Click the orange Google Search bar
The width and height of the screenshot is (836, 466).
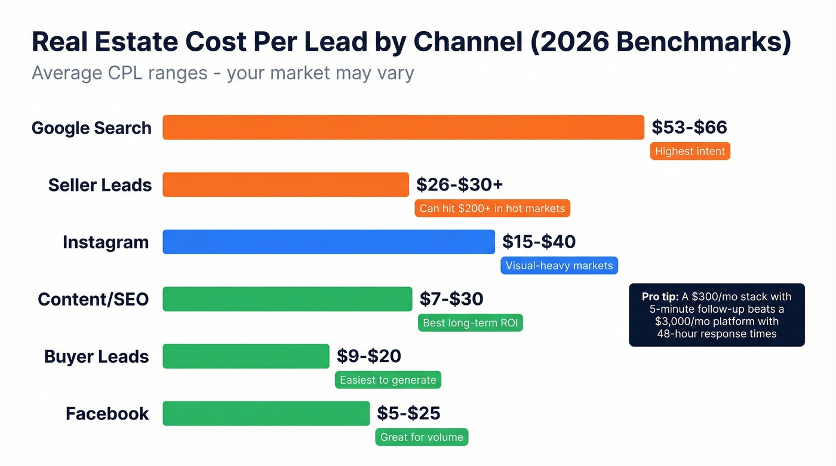(x=403, y=128)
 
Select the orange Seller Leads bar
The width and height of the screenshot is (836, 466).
(x=285, y=185)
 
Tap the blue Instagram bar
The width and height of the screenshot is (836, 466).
(x=328, y=242)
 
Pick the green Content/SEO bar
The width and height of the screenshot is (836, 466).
(x=287, y=299)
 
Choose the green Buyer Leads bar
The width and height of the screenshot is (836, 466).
(x=245, y=356)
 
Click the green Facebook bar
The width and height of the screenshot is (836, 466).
(x=266, y=413)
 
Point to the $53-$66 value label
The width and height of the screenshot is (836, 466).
(x=689, y=127)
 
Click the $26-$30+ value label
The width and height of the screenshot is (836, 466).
(x=459, y=184)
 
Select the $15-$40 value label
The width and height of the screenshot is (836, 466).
(x=539, y=242)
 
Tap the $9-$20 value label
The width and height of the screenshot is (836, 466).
(x=368, y=356)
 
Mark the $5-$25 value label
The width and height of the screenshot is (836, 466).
(x=408, y=413)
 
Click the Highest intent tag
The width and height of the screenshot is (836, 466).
(x=690, y=152)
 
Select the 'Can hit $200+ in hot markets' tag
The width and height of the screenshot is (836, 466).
(x=492, y=208)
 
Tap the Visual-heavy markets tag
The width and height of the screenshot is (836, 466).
(x=559, y=266)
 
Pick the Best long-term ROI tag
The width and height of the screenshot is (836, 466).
(x=470, y=323)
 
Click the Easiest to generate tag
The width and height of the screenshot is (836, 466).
(x=388, y=380)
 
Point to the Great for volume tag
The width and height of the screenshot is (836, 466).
(x=422, y=437)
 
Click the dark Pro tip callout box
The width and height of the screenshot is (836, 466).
(x=717, y=315)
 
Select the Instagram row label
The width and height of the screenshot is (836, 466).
(x=106, y=242)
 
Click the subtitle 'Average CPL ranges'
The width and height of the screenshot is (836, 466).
(x=119, y=73)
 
